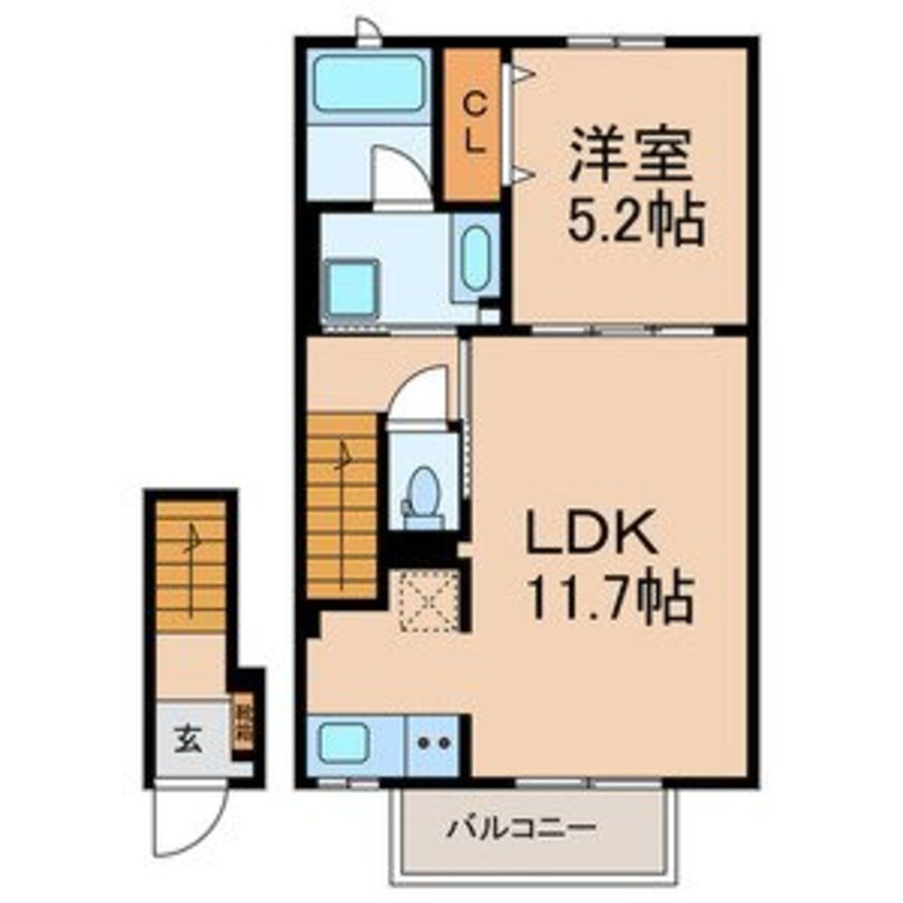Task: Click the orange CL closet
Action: pyautogui.click(x=472, y=125)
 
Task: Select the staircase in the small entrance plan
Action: pyautogui.click(x=190, y=567)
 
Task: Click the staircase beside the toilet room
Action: pyautogui.click(x=341, y=506)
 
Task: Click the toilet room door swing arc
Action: pyautogui.click(x=420, y=393)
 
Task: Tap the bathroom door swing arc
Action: pyautogui.click(x=400, y=177)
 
